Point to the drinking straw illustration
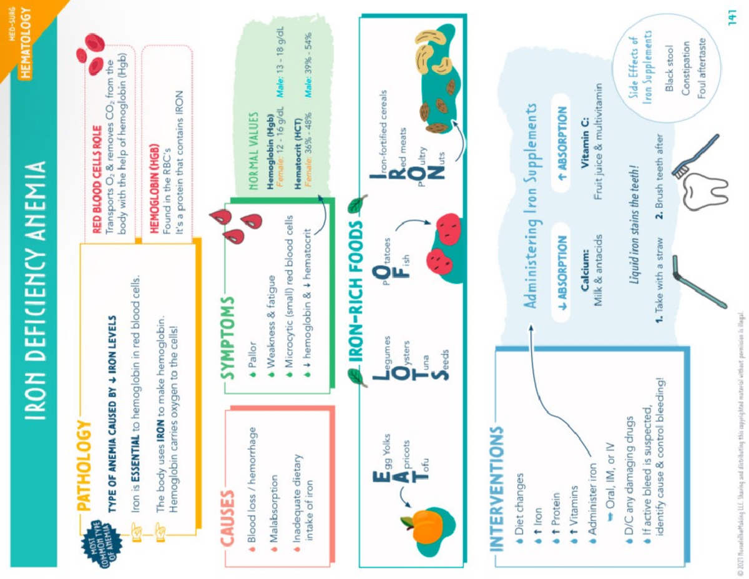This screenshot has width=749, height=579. click(x=695, y=284)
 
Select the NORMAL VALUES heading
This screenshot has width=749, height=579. click(x=253, y=152)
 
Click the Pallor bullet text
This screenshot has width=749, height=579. click(x=252, y=354)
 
